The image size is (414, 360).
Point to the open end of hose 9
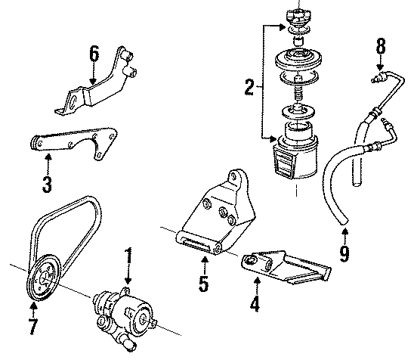[x=344, y=221]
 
